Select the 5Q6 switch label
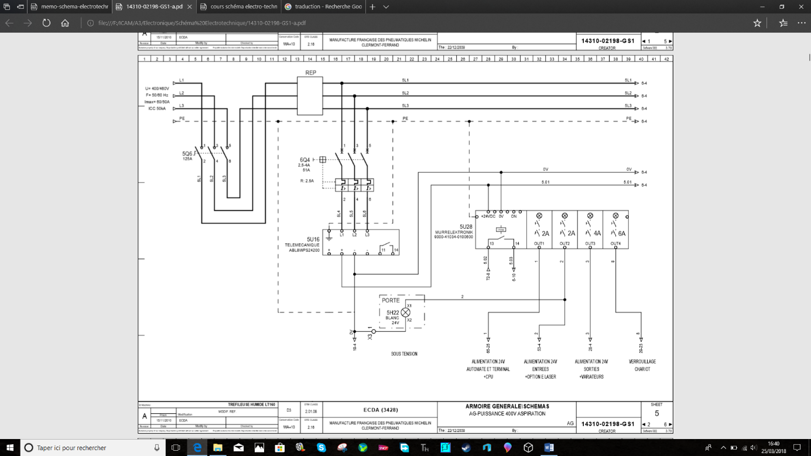click(187, 153)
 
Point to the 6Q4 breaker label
click(304, 159)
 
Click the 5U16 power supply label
click(313, 239)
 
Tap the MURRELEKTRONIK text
click(453, 232)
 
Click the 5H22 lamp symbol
click(405, 313)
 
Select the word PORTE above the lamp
click(391, 300)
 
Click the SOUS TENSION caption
click(404, 354)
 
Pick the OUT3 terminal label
click(590, 244)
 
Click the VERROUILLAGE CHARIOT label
click(642, 365)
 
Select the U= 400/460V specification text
click(157, 88)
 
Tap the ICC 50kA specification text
click(157, 108)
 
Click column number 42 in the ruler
click(666, 59)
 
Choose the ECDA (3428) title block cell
click(380, 410)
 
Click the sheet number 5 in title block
click(656, 413)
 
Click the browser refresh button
click(46, 23)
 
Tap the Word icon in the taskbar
click(549, 447)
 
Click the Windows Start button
click(9, 447)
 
